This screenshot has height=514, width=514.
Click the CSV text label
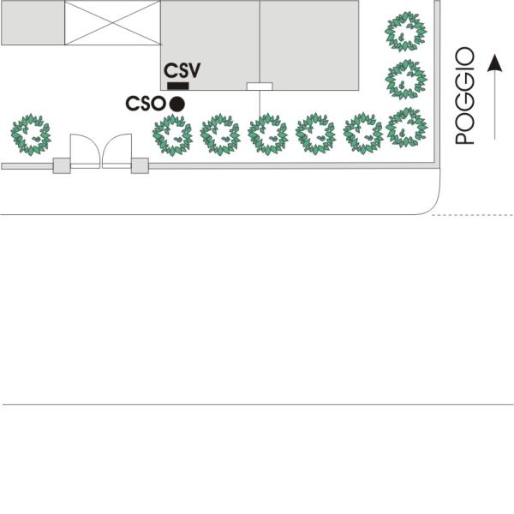pyautogui.click(x=182, y=70)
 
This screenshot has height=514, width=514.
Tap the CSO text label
pyautogui.click(x=146, y=104)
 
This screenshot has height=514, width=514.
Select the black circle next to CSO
pyautogui.click(x=177, y=105)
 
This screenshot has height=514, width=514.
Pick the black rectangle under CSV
pyautogui.click(x=178, y=86)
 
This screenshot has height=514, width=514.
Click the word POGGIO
pyautogui.click(x=465, y=96)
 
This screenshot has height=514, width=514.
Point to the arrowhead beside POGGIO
pyautogui.click(x=494, y=63)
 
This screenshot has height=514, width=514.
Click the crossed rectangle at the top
pyautogui.click(x=112, y=22)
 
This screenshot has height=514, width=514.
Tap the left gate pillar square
pyautogui.click(x=62, y=165)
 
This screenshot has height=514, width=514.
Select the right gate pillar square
pyautogui.click(x=140, y=165)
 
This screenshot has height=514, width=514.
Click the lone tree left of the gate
pyautogui.click(x=31, y=134)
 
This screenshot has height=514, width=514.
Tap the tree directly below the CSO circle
pyautogui.click(x=172, y=134)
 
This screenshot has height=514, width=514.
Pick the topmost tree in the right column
pyautogui.click(x=406, y=32)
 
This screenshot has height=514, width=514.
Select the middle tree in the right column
pyautogui.click(x=406, y=80)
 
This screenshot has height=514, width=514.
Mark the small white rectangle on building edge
pyautogui.click(x=260, y=87)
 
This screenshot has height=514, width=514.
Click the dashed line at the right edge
pyautogui.click(x=473, y=215)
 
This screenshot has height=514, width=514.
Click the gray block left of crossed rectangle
pyautogui.click(x=33, y=22)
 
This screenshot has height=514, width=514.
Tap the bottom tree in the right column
pyautogui.click(x=406, y=127)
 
